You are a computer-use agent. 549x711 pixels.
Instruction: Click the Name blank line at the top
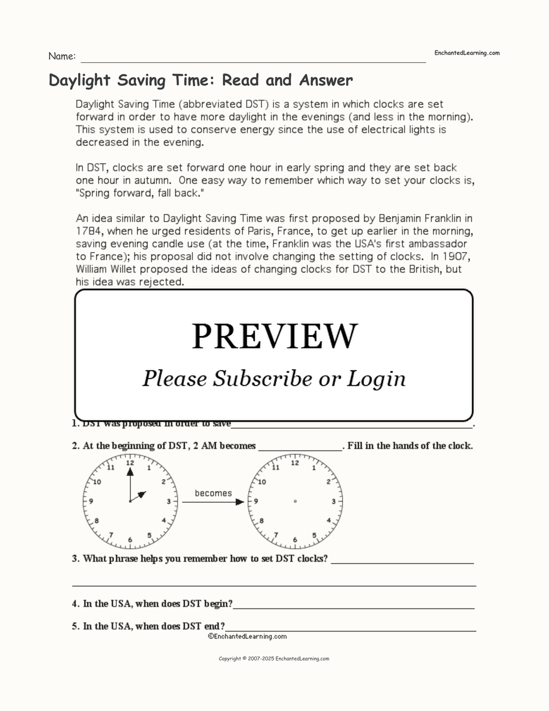pyautogui.click(x=253, y=61)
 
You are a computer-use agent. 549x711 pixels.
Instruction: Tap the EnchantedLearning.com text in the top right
pyautogui.click(x=466, y=53)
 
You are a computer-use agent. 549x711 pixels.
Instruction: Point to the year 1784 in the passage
pyautogui.click(x=87, y=232)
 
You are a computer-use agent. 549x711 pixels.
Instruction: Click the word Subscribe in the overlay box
pyautogui.click(x=262, y=378)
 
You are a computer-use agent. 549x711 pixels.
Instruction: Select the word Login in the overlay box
pyautogui.click(x=376, y=379)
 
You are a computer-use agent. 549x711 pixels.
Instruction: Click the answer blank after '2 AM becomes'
pyautogui.click(x=301, y=449)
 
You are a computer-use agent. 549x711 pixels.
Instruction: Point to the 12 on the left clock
pyautogui.click(x=130, y=463)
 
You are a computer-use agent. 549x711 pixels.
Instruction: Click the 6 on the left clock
pyautogui.click(x=130, y=540)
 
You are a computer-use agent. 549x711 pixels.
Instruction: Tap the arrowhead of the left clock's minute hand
pyautogui.click(x=130, y=472)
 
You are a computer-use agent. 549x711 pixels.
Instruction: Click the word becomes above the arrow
pyautogui.click(x=213, y=493)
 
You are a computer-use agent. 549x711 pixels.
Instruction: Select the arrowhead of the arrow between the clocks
pyautogui.click(x=240, y=502)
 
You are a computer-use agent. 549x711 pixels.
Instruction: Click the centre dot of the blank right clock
pyautogui.click(x=295, y=501)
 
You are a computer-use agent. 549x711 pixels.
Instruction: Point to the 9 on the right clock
pyautogui.click(x=256, y=501)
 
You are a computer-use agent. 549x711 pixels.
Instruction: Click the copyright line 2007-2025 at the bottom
pyautogui.click(x=274, y=659)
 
